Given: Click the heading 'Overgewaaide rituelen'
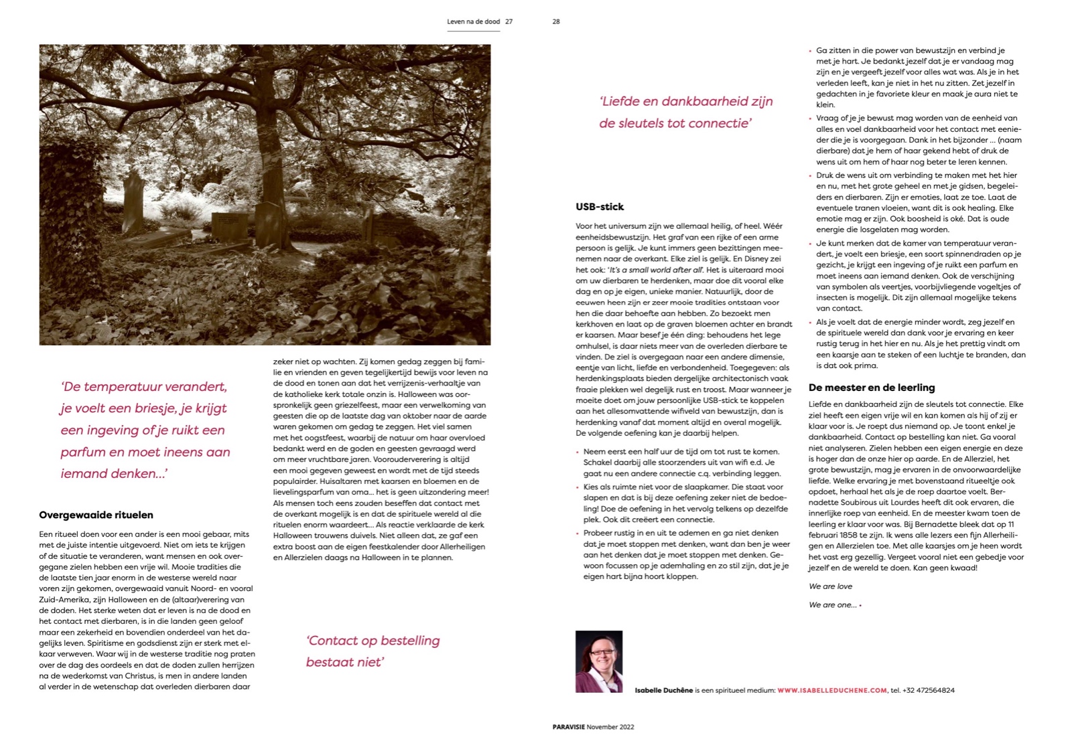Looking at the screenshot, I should pos(96,515).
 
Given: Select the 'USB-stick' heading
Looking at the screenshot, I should pos(600,207).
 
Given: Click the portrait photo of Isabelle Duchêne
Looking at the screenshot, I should pos(598,661).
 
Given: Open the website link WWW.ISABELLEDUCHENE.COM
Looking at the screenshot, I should pos(832,690).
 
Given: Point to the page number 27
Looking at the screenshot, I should pos(509,21).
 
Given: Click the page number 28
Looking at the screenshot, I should pos(555,21).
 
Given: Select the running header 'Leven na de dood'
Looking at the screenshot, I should pos(473,21).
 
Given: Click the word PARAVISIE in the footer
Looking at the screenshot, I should pos(568,727).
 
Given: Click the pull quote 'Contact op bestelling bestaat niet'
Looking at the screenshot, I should pos(373,651).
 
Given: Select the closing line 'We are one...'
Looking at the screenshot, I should pos(832,605).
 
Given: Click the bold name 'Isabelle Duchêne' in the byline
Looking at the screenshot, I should pos(663,690).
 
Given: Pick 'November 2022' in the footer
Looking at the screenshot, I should pos(610,727).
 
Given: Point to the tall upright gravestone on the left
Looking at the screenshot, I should pos(133,201).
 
